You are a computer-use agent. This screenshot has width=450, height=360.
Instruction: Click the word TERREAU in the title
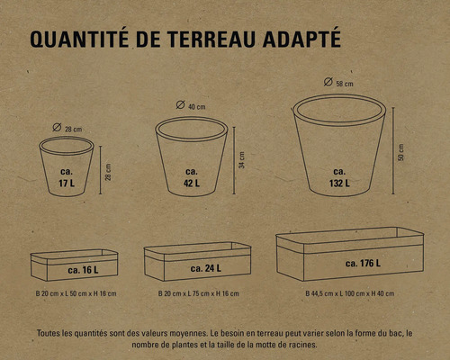point(211,39)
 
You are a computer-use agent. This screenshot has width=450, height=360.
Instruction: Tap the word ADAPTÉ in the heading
point(301,38)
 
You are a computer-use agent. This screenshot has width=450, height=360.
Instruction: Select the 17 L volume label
point(67,183)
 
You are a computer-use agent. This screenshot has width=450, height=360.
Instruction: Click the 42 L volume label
point(192,183)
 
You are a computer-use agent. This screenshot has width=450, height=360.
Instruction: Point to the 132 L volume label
point(339,183)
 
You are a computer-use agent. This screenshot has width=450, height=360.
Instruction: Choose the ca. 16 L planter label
point(83,270)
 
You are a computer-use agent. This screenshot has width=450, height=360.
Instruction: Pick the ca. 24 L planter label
point(206,268)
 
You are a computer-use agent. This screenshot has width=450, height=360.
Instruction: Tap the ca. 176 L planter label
point(363,264)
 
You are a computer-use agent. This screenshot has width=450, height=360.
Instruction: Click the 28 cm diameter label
point(74,130)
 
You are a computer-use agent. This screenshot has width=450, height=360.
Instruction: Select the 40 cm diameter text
point(197,107)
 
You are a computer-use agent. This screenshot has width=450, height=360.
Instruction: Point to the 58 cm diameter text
point(345,84)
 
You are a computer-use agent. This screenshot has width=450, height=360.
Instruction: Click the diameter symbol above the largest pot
point(328,82)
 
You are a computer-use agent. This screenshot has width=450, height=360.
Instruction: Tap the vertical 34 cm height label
point(242,160)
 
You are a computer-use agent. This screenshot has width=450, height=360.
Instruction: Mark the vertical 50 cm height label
point(400,152)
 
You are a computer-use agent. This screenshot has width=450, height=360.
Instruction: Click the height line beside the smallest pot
point(101,170)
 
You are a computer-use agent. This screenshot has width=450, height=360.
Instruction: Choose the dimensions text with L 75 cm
point(199,293)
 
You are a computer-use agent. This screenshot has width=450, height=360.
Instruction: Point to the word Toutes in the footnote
point(48,333)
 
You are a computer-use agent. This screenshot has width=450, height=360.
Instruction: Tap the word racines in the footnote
point(304,345)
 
